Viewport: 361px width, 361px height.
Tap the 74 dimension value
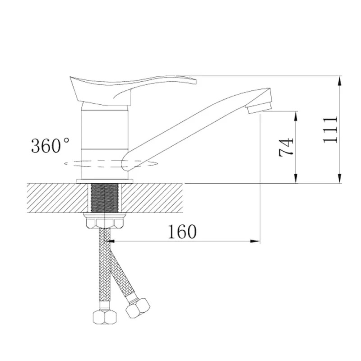[x=286, y=148]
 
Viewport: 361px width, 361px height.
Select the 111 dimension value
[x=330, y=130]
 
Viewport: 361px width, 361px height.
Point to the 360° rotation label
[x=50, y=145]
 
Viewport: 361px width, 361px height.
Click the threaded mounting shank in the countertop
[x=105, y=198]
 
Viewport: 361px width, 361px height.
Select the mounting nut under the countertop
[x=105, y=221]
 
